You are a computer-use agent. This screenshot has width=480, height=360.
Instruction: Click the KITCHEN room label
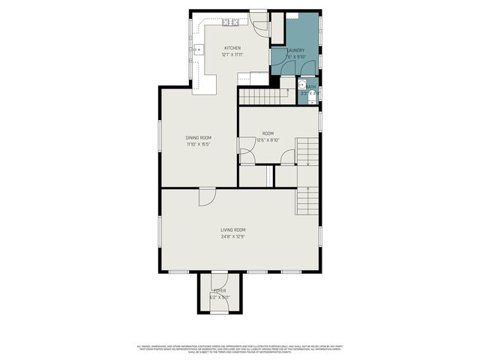[x=231, y=48]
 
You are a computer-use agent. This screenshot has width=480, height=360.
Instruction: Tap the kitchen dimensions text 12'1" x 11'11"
[x=231, y=55]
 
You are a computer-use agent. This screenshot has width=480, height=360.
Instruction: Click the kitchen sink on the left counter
[x=199, y=50]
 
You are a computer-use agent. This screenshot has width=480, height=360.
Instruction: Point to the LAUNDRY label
[x=295, y=50]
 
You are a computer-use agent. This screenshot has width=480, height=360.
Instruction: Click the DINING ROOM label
[x=199, y=137]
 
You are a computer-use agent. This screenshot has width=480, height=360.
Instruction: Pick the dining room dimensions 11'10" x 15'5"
[x=199, y=144]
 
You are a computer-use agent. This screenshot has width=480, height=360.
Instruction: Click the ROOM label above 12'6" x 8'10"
[x=268, y=133]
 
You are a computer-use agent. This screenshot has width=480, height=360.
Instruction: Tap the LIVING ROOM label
[x=232, y=229]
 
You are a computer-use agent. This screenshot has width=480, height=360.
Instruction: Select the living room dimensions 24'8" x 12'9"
[x=232, y=236]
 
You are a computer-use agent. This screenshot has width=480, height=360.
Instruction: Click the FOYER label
[x=220, y=290]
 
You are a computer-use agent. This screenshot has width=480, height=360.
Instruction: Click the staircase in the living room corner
[x=304, y=199]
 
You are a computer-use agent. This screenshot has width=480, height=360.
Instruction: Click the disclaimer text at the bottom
[x=240, y=348]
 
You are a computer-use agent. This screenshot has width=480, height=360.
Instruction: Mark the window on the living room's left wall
[x=162, y=229]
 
